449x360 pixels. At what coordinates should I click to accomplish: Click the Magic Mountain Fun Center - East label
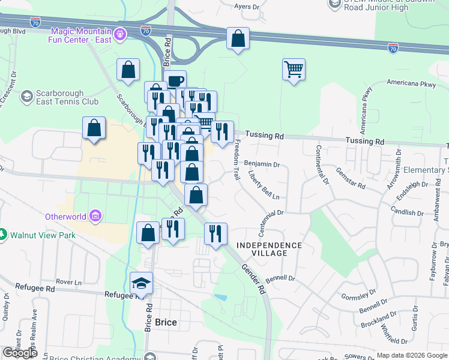(81, 35)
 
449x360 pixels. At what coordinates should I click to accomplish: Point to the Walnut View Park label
(42, 235)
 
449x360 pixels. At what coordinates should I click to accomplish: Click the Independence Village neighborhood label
(268, 249)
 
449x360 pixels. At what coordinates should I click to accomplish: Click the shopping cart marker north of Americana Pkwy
(294, 70)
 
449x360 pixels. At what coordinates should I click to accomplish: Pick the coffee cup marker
(175, 81)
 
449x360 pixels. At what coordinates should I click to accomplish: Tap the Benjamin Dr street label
(262, 164)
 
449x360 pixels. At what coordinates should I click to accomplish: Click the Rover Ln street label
(68, 281)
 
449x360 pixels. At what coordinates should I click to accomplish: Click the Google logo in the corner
(20, 353)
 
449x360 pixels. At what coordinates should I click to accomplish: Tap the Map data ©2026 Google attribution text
(411, 355)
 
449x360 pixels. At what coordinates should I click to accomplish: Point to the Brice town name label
(166, 322)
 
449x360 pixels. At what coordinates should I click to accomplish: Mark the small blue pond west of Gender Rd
(220, 297)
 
